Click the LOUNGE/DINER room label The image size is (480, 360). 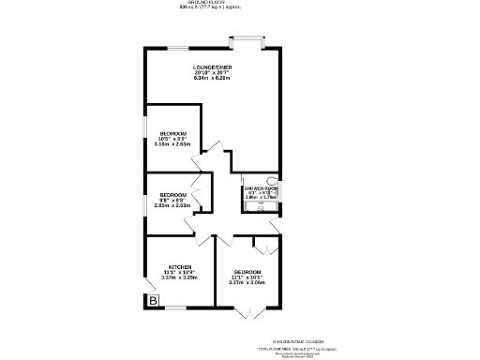[212, 67]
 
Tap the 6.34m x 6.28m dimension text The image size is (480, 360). [212, 79]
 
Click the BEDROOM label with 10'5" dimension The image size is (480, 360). [172, 133]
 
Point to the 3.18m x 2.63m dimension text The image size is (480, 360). [172, 144]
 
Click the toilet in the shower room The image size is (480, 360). [274, 179]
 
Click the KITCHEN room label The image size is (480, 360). [180, 266]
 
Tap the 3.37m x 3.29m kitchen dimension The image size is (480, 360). [180, 277]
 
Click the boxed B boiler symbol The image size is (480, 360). [152, 300]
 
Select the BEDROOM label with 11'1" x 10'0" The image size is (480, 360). [247, 271]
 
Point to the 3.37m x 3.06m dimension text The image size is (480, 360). [247, 282]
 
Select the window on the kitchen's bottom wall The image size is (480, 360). [176, 308]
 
